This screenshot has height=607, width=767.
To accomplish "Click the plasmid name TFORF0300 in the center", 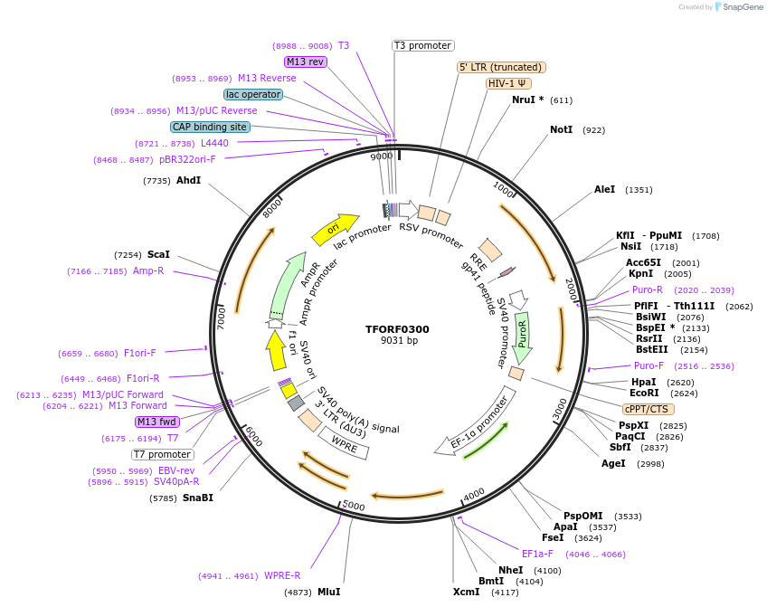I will click(398, 329).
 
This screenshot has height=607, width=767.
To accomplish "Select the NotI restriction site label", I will click(561, 130).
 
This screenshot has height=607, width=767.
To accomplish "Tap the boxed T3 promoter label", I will click(422, 45).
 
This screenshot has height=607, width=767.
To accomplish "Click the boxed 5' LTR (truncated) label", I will click(501, 67).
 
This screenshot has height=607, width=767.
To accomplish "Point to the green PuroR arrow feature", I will click(523, 337).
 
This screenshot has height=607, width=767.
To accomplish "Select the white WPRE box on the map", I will click(344, 444).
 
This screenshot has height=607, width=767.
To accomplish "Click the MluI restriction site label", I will click(328, 592).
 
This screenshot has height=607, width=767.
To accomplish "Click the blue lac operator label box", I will click(253, 94).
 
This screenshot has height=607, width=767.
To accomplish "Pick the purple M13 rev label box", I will click(305, 62).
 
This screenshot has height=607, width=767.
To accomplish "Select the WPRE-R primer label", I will click(282, 575).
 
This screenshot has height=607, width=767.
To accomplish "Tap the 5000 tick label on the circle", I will click(353, 505).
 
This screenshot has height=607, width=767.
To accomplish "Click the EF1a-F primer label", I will click(537, 554).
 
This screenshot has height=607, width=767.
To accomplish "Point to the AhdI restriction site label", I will click(188, 181).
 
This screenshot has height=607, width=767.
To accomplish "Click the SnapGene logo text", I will click(739, 7).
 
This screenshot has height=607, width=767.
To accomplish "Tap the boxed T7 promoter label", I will click(163, 454).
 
